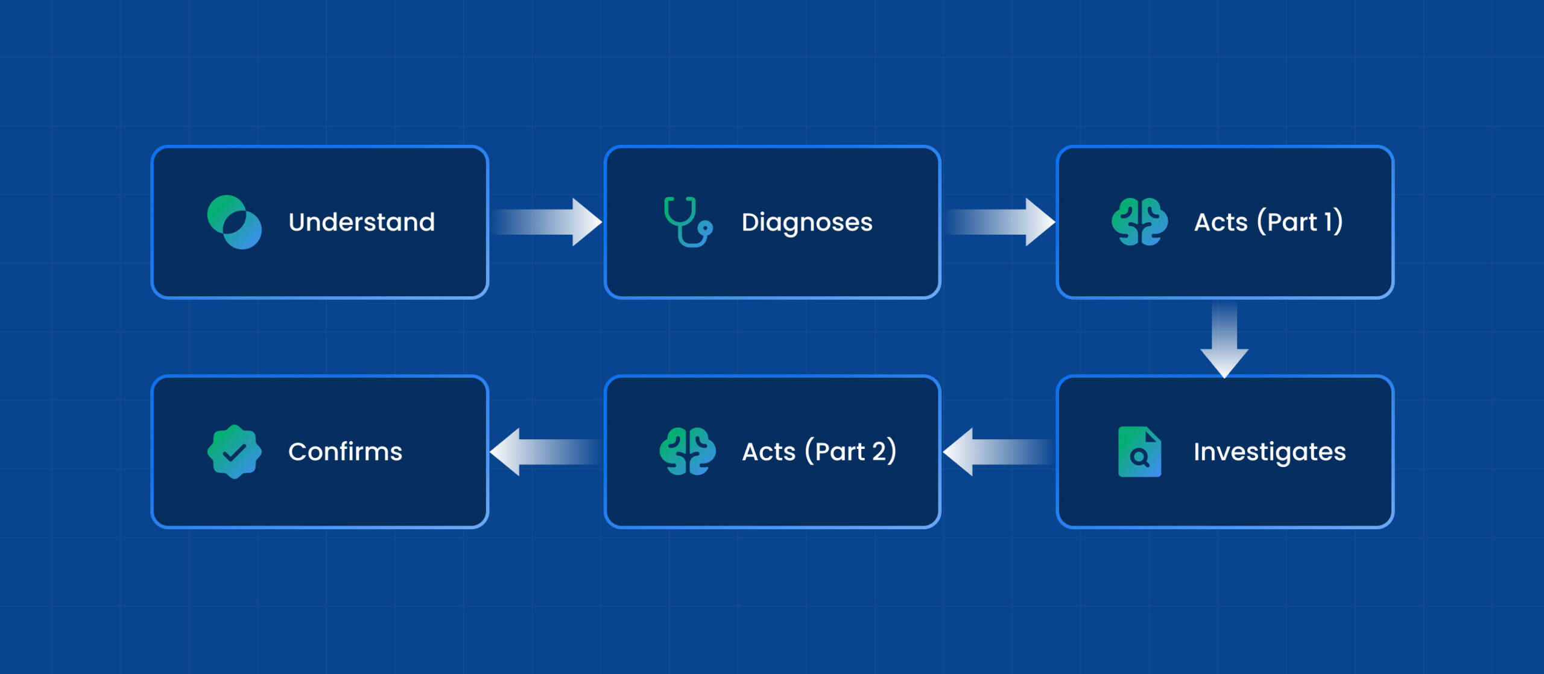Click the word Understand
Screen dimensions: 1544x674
[x=362, y=222]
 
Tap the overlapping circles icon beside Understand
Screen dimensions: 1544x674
[x=235, y=222]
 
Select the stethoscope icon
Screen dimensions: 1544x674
[x=688, y=222]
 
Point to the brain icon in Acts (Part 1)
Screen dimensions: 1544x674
[x=1140, y=222]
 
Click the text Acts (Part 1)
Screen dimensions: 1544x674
[x=1268, y=222]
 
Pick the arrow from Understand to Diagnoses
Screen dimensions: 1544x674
[x=546, y=222]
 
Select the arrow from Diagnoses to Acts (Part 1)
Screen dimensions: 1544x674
[x=1000, y=222]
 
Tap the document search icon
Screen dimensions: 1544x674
[x=1140, y=452]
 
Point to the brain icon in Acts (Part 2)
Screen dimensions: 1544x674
[x=688, y=452]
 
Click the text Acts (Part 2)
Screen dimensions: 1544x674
[x=819, y=452]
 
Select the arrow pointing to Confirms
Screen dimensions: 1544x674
[x=545, y=452]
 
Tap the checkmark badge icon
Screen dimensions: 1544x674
[x=235, y=452]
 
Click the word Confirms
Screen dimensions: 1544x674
[x=345, y=452]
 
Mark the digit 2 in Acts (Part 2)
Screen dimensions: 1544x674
[x=879, y=452]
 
